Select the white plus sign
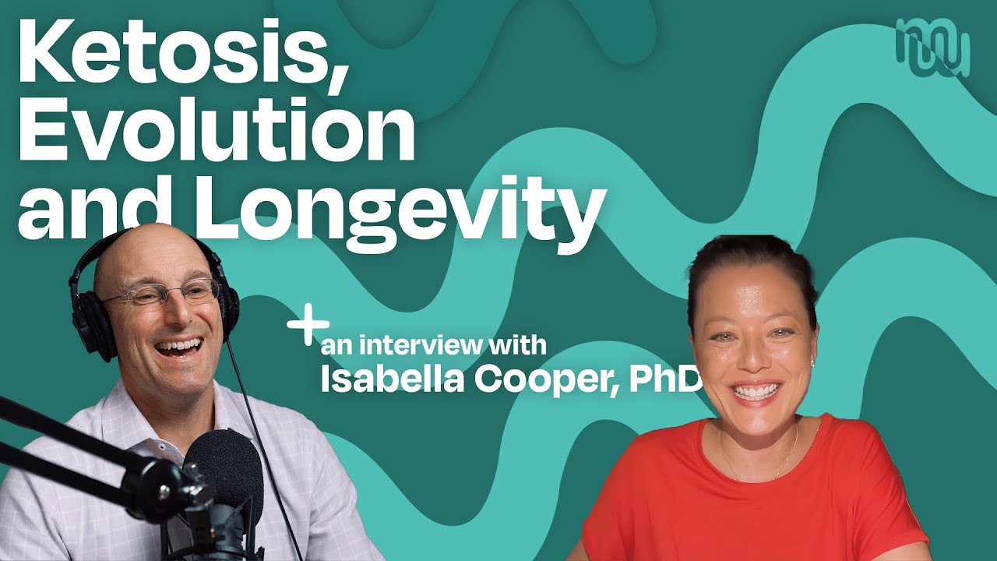click(308, 326)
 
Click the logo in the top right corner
click(932, 47)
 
